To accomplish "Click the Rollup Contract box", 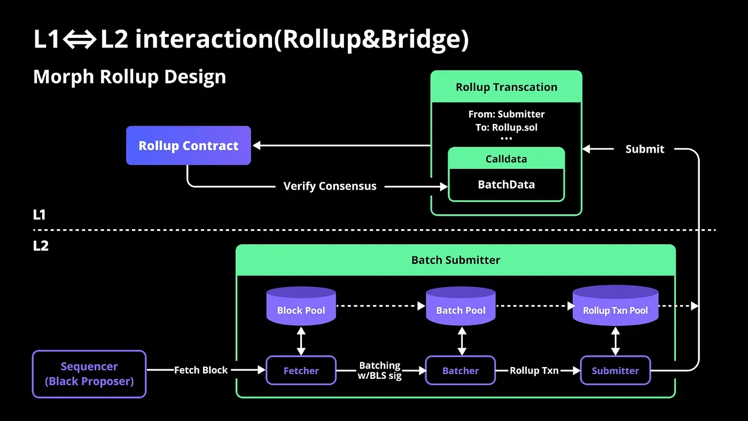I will click(188, 145).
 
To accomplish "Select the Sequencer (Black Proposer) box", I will click(89, 374).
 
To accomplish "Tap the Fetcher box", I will click(301, 370).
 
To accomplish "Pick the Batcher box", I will click(460, 370).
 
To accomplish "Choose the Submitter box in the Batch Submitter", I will click(615, 370).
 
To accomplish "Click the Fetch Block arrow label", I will click(201, 370).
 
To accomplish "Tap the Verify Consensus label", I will click(330, 186).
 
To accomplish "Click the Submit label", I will click(644, 149).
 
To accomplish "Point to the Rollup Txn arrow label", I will click(534, 370).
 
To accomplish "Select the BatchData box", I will click(506, 185).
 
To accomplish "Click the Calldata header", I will click(506, 159).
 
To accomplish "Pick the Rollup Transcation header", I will click(506, 87).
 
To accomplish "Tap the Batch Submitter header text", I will click(455, 260).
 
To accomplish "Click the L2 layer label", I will click(41, 246).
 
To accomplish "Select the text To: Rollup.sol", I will click(506, 127).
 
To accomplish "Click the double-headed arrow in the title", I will click(80, 41).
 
